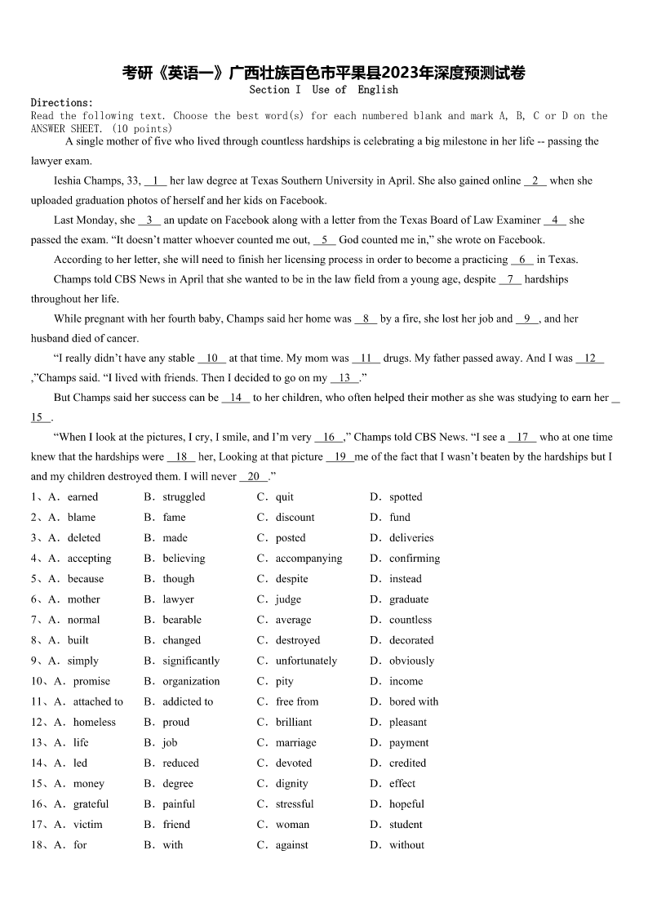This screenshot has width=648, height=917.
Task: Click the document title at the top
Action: pyautogui.click(x=324, y=73)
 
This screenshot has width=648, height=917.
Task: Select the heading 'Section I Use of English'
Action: pyautogui.click(x=324, y=90)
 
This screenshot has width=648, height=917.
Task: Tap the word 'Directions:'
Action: pyautogui.click(x=62, y=103)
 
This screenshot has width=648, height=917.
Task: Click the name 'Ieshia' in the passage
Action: pyautogui.click(x=69, y=180)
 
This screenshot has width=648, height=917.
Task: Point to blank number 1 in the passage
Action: pyautogui.click(x=155, y=180)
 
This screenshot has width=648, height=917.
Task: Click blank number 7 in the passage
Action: pyautogui.click(x=510, y=279)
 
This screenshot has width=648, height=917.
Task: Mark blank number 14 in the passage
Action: pyautogui.click(x=236, y=398)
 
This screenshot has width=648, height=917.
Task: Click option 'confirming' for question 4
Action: pyautogui.click(x=415, y=559)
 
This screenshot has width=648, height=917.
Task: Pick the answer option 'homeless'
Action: pyautogui.click(x=95, y=722)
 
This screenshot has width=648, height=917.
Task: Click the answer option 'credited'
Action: pyautogui.click(x=407, y=763)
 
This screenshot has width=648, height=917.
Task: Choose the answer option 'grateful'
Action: pyautogui.click(x=91, y=803)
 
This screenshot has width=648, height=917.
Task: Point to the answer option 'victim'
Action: pyautogui.click(x=88, y=824)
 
